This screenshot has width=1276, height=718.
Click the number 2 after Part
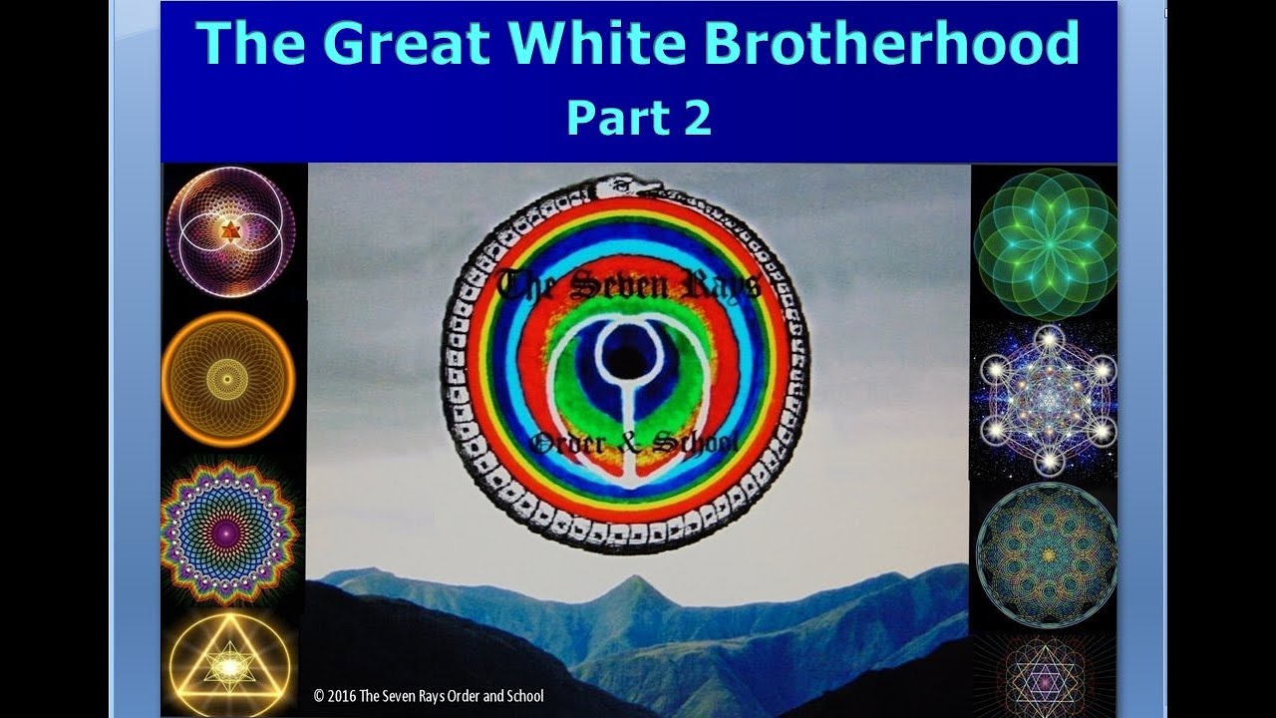point(695,118)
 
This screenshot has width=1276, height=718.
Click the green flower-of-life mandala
point(1045,243)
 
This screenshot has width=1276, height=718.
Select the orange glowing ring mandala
point(227,378)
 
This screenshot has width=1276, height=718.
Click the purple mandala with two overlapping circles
point(229,231)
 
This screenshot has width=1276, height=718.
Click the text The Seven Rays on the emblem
point(628,287)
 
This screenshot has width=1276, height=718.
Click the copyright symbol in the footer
point(319,697)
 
